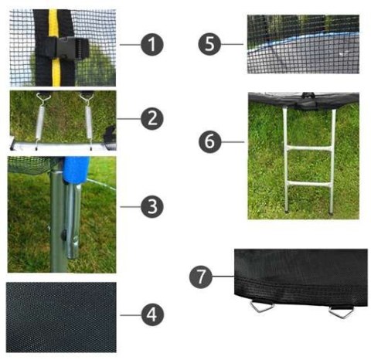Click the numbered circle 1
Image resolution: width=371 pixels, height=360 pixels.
pos(153,44)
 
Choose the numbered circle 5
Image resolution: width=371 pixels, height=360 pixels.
pos(209,44)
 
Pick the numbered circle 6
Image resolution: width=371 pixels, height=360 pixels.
pos(209,141)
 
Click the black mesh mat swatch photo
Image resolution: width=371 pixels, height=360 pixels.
pos(61,315)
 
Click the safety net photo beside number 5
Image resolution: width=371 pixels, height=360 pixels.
pos(303,45)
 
